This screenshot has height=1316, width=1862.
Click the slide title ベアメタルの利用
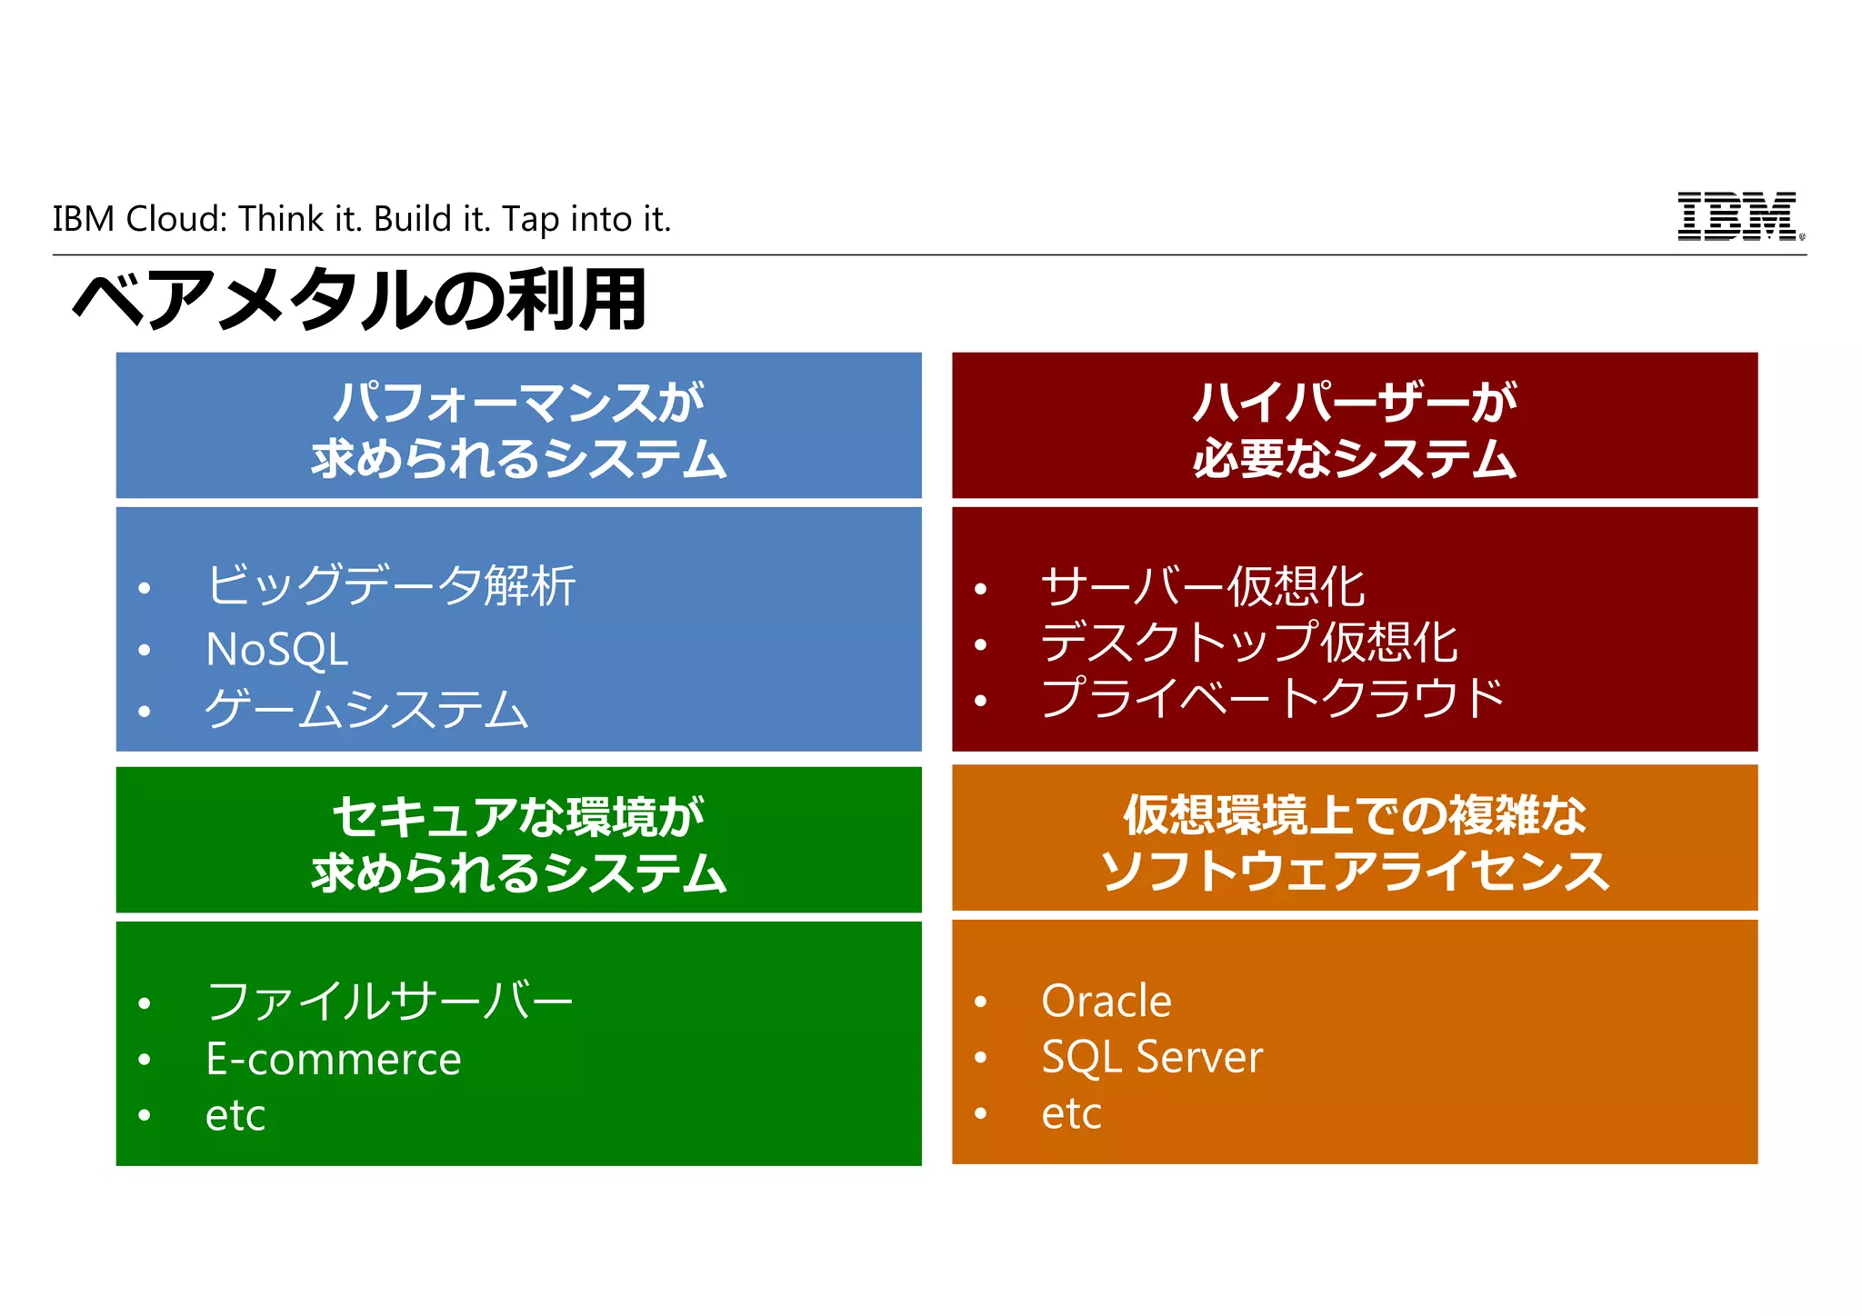coord(360,301)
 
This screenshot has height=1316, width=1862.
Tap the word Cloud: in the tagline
coord(176,219)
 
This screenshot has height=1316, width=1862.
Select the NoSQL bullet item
coord(276,650)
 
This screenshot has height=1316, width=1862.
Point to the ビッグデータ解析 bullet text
coord(391,586)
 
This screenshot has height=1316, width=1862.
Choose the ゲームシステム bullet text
coord(366,710)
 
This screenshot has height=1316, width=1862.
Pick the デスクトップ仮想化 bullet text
coord(1248,643)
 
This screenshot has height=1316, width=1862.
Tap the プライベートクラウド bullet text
coord(1272,699)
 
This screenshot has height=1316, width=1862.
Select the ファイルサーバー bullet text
coord(390,1002)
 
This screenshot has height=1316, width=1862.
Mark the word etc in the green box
coord(235,1115)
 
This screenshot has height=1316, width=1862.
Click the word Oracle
coord(1106,1002)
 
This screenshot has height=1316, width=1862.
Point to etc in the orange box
coord(1071,1113)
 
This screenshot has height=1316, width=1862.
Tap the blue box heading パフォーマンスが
coord(518,403)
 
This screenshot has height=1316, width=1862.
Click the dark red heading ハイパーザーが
coord(1354,403)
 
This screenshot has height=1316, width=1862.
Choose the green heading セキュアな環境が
coord(518,816)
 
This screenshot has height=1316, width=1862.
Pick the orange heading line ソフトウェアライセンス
coord(1354,871)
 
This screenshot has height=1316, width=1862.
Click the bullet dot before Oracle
coord(980,1002)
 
